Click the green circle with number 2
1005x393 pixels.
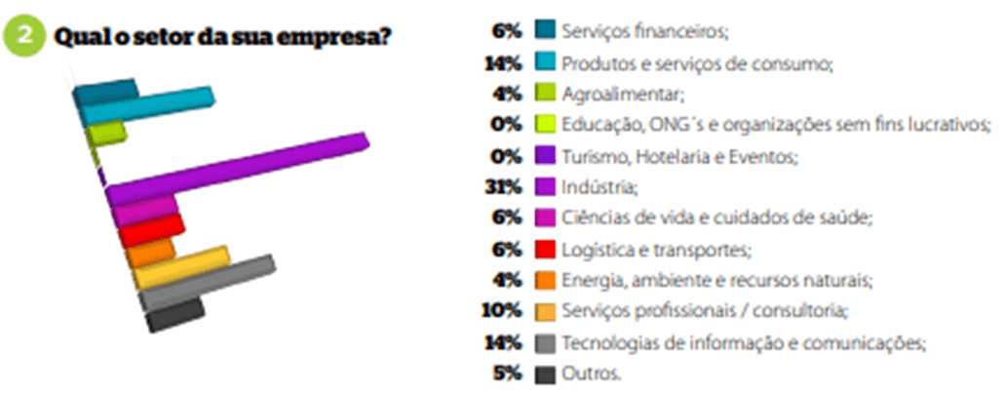24,36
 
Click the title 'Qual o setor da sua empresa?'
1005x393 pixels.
222,36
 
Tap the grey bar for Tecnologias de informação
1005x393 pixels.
208,282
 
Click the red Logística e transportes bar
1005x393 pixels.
151,231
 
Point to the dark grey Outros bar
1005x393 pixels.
175,315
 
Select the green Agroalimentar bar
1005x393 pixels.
106,134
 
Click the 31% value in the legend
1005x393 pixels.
504,187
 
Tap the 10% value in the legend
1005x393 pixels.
502,312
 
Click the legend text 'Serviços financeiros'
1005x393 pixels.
645,32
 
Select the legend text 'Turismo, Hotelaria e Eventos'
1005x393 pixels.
680,156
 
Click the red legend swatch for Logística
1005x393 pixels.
544,250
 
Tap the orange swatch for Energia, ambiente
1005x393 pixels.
544,280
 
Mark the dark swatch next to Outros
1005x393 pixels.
544,373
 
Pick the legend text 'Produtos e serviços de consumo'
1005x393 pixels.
697,63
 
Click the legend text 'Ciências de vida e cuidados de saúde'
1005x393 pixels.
717,218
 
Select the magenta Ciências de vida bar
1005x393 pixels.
145,212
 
